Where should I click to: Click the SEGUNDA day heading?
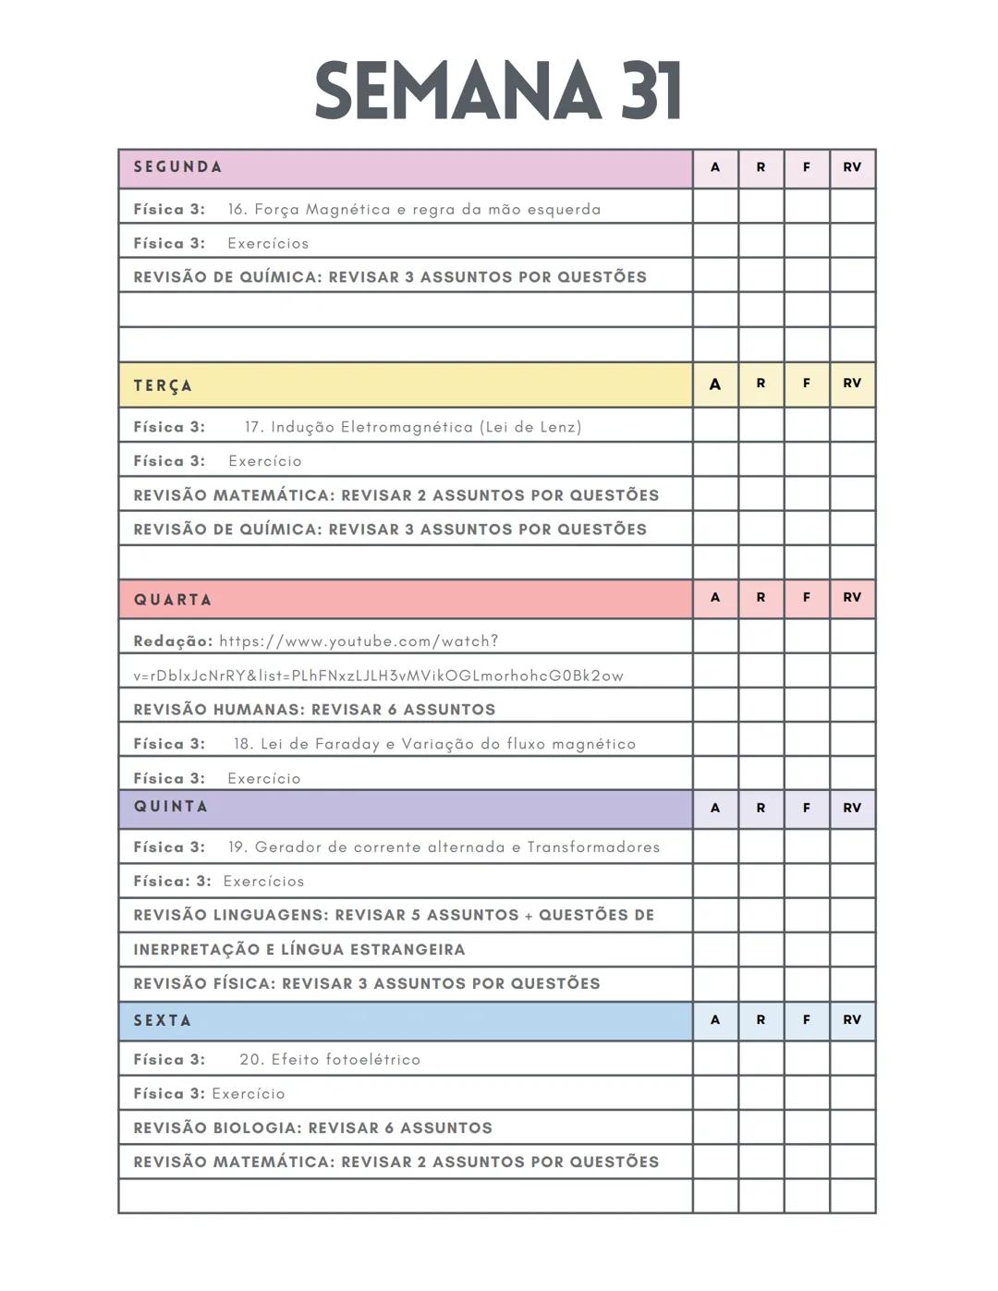point(177,167)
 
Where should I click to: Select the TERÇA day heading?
point(163,385)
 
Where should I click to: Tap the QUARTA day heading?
point(173,600)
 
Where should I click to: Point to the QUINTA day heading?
point(171,807)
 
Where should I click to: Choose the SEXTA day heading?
point(163,1020)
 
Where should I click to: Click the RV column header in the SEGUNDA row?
point(852,167)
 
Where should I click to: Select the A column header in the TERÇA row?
point(715,384)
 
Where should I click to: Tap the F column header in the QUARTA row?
point(807,598)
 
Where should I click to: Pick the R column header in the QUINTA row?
point(761,808)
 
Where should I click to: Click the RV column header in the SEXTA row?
point(852,1020)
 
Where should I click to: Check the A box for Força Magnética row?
point(715,207)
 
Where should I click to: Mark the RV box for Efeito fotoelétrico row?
point(852,1058)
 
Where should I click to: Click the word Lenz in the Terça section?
point(561,427)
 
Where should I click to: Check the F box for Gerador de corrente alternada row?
point(807,846)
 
